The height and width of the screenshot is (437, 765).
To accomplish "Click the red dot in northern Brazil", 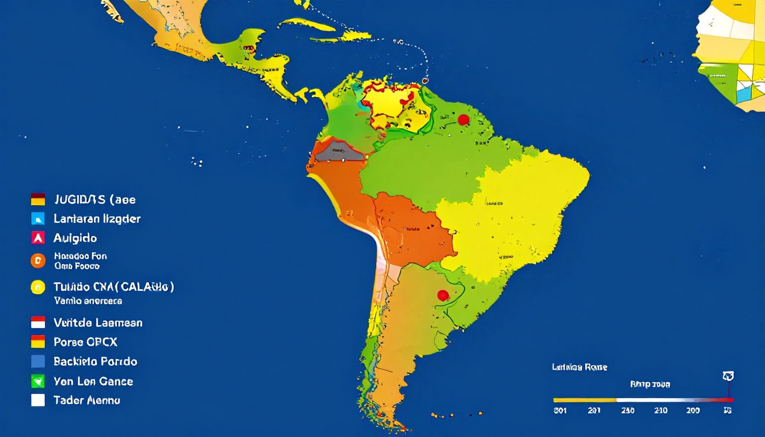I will (463, 119).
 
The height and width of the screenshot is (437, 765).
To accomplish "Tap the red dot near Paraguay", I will (443, 295).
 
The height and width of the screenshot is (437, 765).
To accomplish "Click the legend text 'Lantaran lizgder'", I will (97, 219).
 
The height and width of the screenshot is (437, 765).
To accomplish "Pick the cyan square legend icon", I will (38, 218).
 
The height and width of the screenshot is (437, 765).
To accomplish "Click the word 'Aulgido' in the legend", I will (75, 238).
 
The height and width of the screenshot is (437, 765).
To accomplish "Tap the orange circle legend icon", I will (38, 260).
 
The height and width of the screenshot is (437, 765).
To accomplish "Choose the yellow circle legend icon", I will (38, 287).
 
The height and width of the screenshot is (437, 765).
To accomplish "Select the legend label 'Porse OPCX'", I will (85, 342).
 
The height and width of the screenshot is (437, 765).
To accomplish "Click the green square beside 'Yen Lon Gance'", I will (38, 381).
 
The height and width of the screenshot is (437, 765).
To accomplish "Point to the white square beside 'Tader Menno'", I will (38, 400).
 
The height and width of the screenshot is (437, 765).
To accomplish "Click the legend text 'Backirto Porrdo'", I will (95, 361).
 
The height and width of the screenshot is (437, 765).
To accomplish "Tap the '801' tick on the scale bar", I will (560, 411).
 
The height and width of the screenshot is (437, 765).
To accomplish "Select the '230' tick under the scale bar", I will (628, 411).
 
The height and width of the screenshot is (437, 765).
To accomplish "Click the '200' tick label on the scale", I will (693, 411).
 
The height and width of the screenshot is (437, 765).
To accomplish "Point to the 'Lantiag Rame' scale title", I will (579, 367).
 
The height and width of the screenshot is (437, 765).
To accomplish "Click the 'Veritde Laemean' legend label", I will (98, 323).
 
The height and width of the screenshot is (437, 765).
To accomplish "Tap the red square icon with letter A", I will (38, 238).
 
